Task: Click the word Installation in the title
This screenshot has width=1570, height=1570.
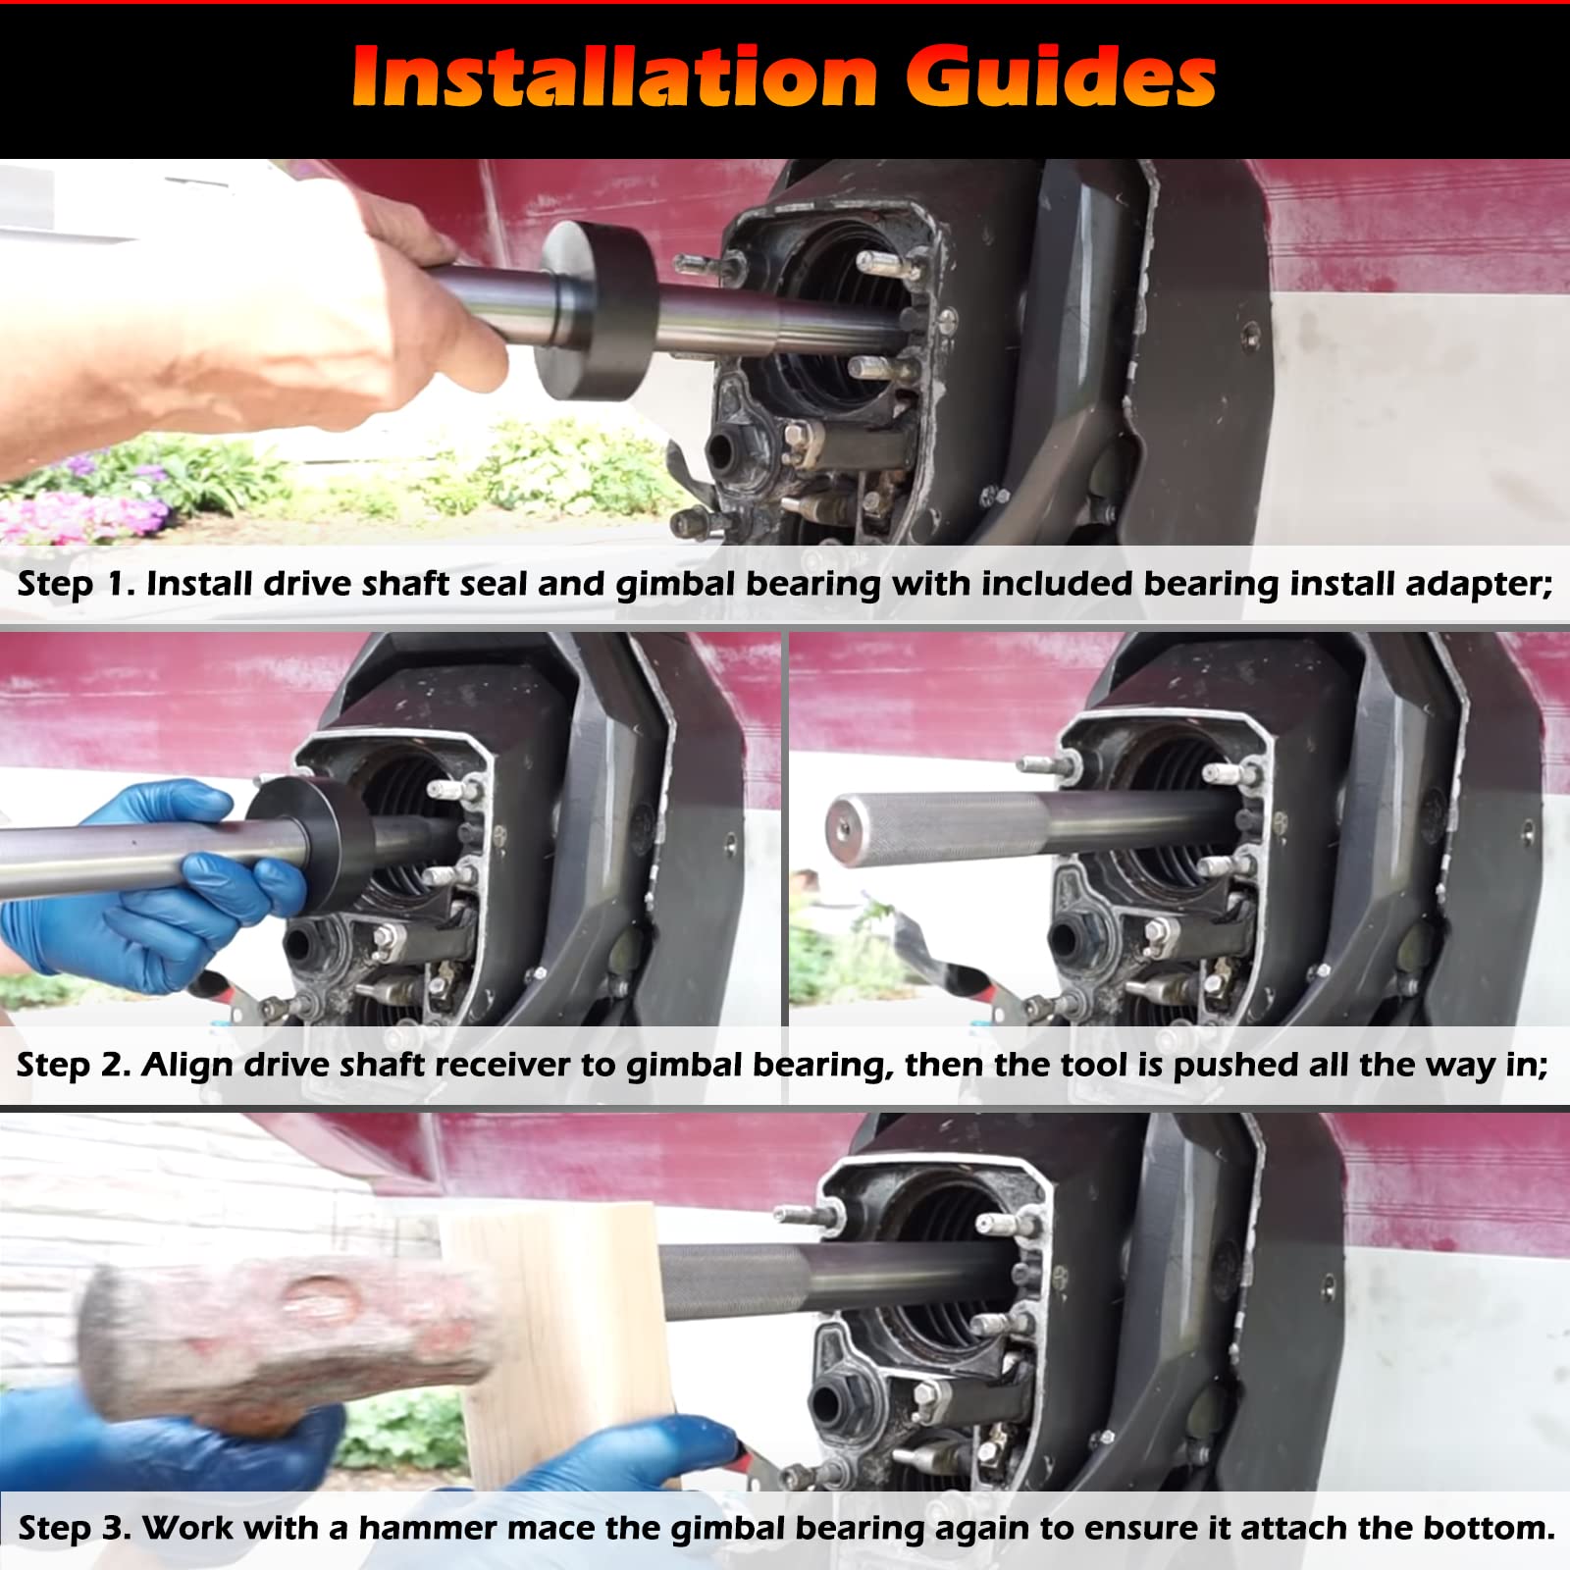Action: (x=613, y=77)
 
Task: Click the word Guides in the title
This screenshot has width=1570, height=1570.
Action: (x=1060, y=77)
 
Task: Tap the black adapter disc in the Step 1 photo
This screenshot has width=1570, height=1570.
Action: (x=597, y=309)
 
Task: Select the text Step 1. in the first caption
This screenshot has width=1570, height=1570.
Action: (x=74, y=584)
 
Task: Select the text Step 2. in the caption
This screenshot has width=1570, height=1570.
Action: (x=73, y=1065)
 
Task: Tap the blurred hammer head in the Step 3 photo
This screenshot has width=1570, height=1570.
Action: (x=285, y=1334)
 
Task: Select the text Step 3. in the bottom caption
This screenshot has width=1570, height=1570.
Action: (x=75, y=1528)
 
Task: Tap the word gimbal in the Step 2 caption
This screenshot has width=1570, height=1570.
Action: (x=683, y=1065)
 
